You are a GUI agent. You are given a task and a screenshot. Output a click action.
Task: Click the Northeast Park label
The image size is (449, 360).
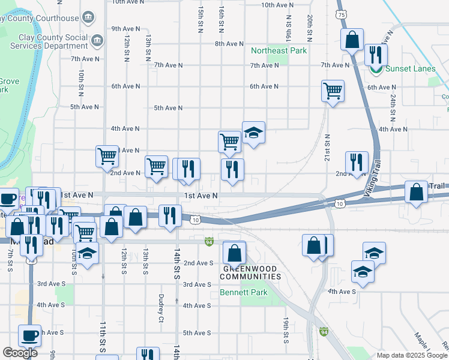(x=279, y=51)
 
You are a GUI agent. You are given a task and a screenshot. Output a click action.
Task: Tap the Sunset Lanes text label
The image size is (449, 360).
(x=410, y=68)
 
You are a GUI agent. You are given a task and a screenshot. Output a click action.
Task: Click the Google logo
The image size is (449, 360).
(x=20, y=353)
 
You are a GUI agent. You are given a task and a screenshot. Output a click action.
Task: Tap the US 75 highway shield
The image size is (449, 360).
(x=342, y=14)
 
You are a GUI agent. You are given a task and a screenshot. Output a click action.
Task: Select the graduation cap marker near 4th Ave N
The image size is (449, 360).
(x=253, y=134)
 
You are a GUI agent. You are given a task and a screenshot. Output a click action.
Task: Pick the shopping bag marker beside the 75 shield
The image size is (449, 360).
(x=352, y=40)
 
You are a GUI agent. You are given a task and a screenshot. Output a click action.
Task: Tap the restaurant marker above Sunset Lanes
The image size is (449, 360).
(x=376, y=55)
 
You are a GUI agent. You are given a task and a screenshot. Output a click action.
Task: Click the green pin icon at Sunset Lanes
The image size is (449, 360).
(x=376, y=69)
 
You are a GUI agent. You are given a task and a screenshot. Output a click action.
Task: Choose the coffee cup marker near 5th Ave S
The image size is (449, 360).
(x=29, y=335)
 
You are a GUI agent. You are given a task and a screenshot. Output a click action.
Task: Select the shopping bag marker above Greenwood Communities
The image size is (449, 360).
(x=234, y=253)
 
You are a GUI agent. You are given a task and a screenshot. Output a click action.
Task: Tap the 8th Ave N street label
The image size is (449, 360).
(x=229, y=44)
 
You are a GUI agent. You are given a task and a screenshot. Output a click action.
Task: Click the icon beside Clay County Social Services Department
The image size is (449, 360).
(x=98, y=41)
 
